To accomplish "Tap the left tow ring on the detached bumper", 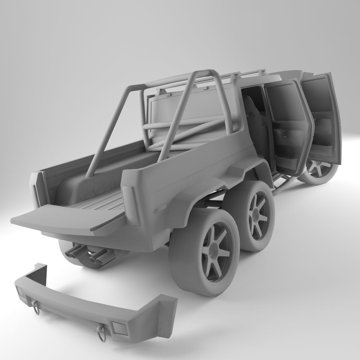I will pyautogui.click(x=37, y=303).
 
